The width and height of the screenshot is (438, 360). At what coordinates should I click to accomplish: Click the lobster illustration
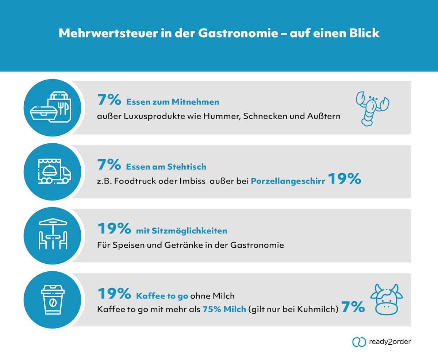tap(372, 108)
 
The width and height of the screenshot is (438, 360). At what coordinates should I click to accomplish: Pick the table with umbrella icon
tap(53, 235)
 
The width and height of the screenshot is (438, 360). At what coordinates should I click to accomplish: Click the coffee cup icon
tap(53, 299)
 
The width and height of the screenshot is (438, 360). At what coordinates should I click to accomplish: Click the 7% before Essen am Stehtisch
tap(109, 165)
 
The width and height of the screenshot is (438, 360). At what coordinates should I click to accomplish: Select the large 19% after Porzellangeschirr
tap(344, 179)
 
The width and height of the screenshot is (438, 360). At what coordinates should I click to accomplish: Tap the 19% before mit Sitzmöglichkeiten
tap(114, 229)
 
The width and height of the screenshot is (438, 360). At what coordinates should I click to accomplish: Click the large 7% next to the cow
tap(353, 307)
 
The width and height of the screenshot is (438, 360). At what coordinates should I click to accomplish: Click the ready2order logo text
tap(390, 342)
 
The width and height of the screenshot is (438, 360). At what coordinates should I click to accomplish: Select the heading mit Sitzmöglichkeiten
tap(181, 231)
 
